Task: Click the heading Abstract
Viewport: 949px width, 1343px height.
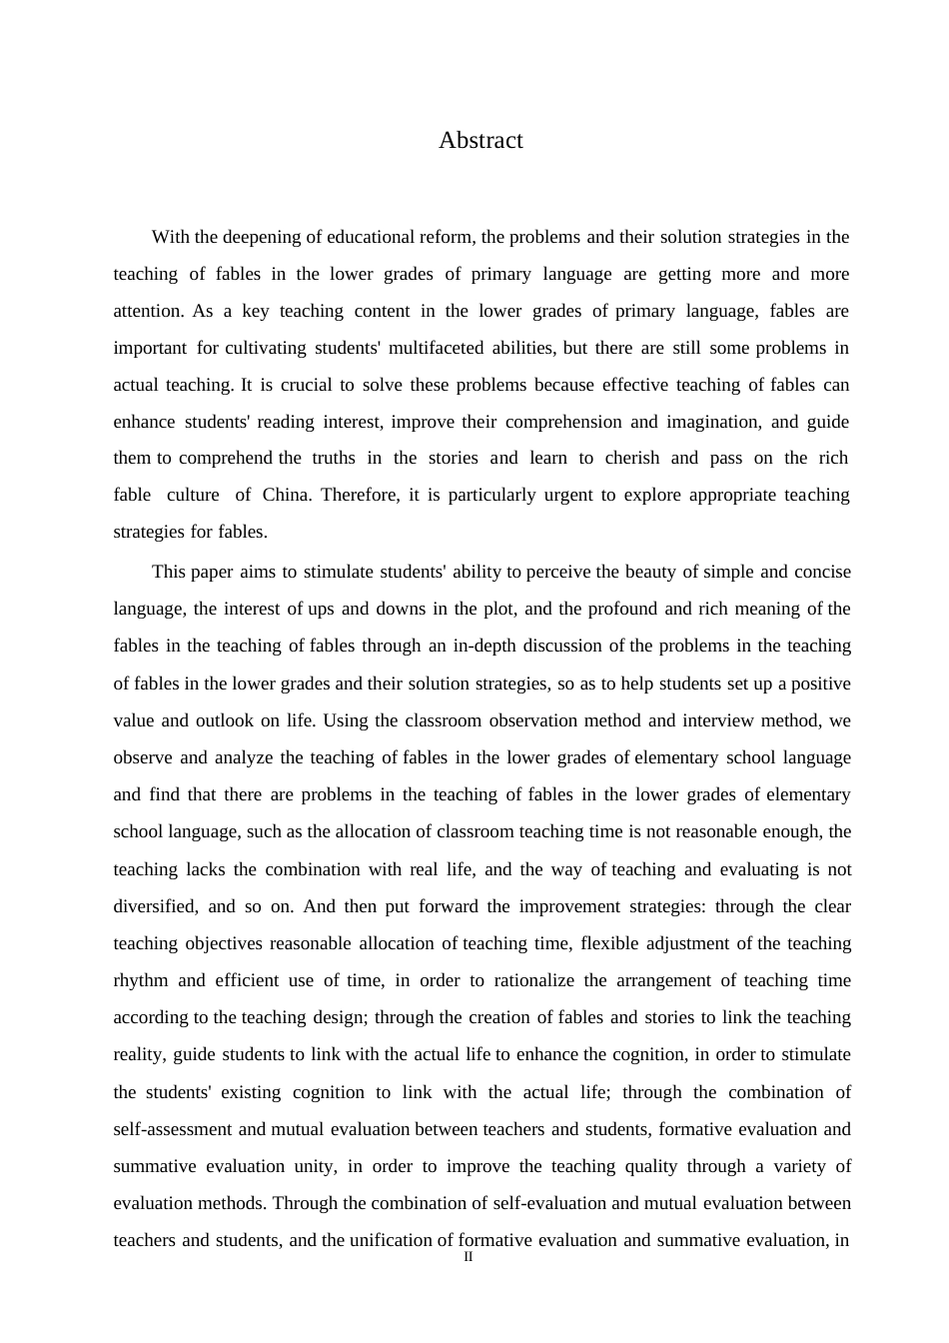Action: [480, 141]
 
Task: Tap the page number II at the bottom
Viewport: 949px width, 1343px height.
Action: [469, 1257]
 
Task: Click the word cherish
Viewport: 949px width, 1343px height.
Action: [632, 459]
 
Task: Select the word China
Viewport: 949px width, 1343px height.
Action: [286, 496]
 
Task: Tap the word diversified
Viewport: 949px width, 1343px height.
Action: [155, 907]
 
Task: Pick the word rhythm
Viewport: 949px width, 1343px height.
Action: [141, 981]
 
